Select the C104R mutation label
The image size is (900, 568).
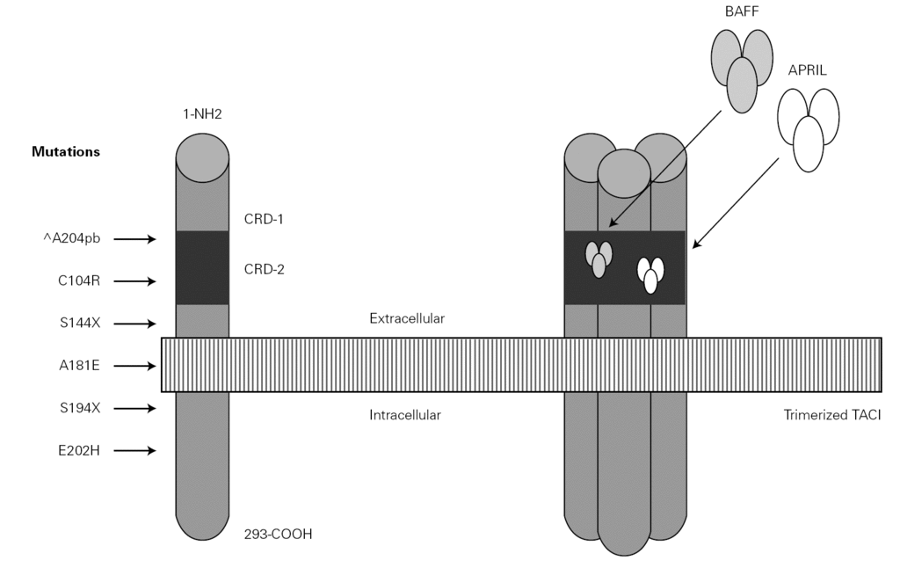point(77,281)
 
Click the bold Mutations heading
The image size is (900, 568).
point(66,151)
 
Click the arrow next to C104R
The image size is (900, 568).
point(134,281)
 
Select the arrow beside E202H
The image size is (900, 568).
point(134,451)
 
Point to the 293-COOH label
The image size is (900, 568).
point(278,533)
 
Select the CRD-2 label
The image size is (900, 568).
point(265,271)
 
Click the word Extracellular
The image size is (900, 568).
point(407,317)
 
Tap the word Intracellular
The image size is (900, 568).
point(405,414)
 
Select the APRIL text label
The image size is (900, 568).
point(808,69)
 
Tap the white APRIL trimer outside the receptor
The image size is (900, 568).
point(808,126)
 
